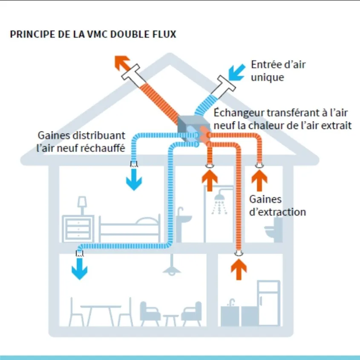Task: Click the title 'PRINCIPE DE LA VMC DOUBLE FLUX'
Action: click(93, 34)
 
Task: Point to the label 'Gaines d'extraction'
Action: click(277, 205)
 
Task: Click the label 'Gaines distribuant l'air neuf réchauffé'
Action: click(81, 142)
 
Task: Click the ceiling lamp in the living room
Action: click(173, 267)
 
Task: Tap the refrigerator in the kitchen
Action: click(268, 302)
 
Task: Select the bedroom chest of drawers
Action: click(78, 229)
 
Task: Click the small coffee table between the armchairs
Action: click(171, 320)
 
